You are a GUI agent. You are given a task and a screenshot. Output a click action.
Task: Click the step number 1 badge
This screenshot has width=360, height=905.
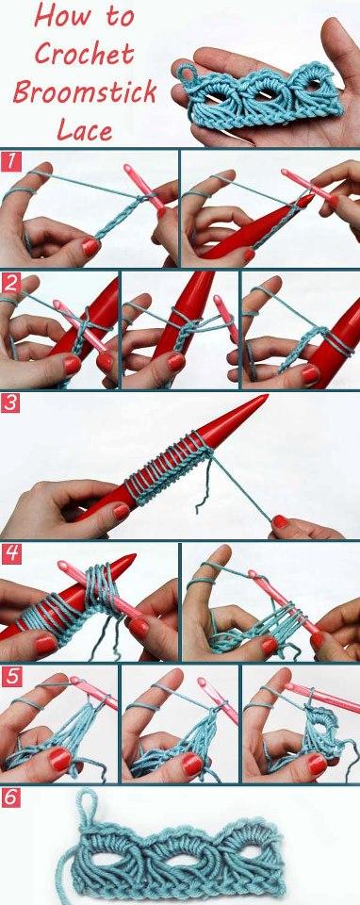(x=10, y=160)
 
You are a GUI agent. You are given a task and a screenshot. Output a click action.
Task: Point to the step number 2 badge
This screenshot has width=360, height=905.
(x=10, y=283)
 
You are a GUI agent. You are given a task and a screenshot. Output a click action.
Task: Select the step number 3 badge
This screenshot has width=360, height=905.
(x=10, y=403)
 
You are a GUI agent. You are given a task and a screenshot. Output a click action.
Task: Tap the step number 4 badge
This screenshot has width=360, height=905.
(x=10, y=553)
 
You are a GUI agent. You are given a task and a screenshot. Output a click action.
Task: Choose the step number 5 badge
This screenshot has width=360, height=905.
(x=10, y=676)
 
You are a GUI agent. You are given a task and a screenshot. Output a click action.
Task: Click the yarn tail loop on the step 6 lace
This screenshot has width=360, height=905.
(x=90, y=807)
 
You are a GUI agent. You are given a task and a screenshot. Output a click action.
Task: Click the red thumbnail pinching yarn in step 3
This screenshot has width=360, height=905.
(x=279, y=520)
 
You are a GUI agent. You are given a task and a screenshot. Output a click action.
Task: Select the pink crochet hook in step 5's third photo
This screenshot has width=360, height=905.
(x=320, y=699)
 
